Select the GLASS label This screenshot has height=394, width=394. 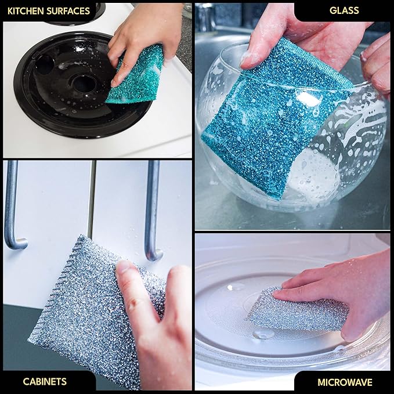[x=344, y=10]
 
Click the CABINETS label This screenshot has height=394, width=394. [x=45, y=381]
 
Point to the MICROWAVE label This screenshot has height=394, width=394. [x=345, y=382]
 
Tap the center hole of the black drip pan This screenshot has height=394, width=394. [x=84, y=84]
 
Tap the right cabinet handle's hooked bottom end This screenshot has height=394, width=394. [x=154, y=254]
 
